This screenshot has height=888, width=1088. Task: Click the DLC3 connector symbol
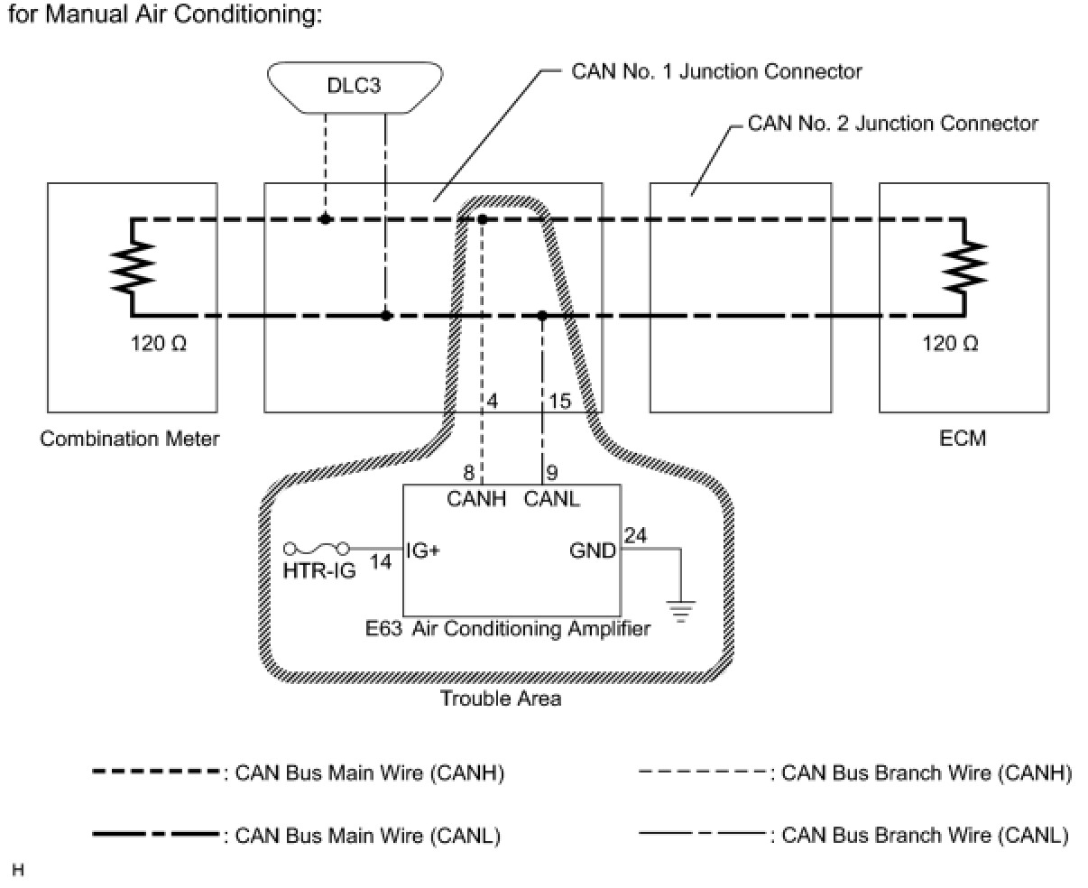click(355, 88)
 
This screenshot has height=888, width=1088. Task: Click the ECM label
click(964, 439)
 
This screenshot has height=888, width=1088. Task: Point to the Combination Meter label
click(130, 439)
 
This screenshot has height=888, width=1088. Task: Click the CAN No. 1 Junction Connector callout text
click(716, 71)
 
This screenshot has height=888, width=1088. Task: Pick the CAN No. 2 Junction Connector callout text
click(892, 123)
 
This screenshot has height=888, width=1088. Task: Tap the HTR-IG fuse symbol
click(318, 548)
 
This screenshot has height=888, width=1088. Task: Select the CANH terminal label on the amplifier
click(477, 498)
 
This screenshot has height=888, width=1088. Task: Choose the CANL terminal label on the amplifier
click(551, 498)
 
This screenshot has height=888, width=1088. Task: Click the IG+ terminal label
click(423, 550)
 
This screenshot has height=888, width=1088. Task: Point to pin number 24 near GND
click(635, 536)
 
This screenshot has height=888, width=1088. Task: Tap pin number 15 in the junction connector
click(559, 400)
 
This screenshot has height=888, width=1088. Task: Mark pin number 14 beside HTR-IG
click(381, 561)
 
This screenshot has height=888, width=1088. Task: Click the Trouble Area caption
click(500, 698)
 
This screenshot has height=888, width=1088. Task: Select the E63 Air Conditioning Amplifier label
click(508, 629)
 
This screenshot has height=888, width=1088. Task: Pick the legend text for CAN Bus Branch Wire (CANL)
click(925, 835)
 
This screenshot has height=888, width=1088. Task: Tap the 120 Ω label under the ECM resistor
click(951, 344)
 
